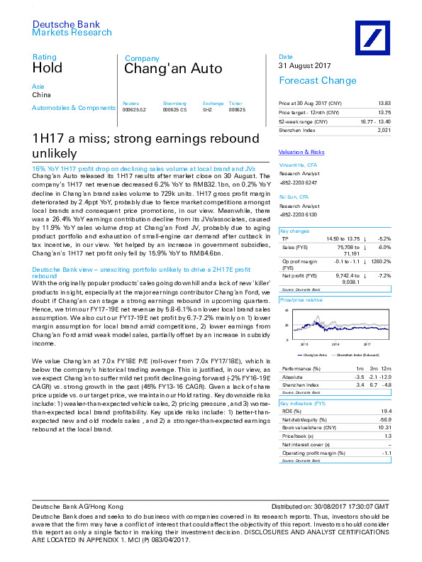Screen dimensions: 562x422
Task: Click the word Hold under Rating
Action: pos(47,68)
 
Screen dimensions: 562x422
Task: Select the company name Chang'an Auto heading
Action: pos(173,69)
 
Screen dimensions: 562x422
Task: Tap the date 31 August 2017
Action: pos(305,66)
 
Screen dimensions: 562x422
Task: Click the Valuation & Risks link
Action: pos(301,153)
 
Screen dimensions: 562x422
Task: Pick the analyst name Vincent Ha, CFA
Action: pos(299,165)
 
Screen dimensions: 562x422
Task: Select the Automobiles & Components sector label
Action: pos(73,108)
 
